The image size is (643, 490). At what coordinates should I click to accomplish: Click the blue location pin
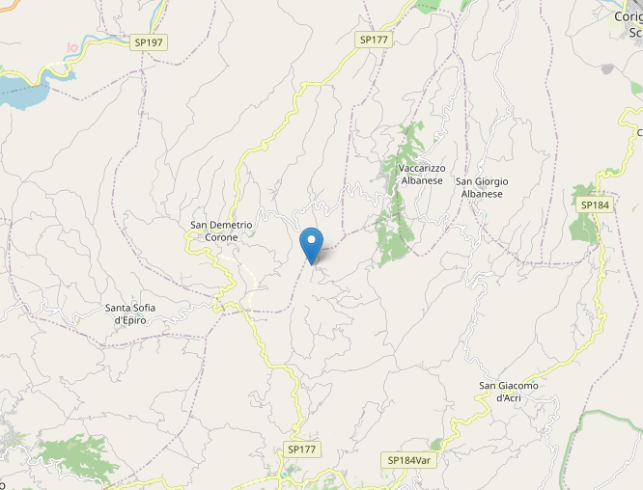click(311, 242)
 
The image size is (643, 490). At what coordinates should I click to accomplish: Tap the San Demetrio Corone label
click(221, 231)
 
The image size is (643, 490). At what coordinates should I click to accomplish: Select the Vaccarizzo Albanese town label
click(421, 174)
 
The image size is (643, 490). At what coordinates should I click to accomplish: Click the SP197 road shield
click(148, 43)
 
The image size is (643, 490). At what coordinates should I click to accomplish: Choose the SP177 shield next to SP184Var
click(302, 450)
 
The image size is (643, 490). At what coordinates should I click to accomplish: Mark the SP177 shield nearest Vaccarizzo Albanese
click(373, 40)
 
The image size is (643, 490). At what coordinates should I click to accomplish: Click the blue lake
click(22, 93)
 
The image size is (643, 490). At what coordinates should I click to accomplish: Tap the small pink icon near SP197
click(70, 47)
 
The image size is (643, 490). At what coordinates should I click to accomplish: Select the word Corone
click(221, 236)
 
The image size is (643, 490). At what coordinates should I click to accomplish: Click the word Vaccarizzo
click(421, 168)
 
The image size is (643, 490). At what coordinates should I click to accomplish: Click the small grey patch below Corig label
click(607, 69)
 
